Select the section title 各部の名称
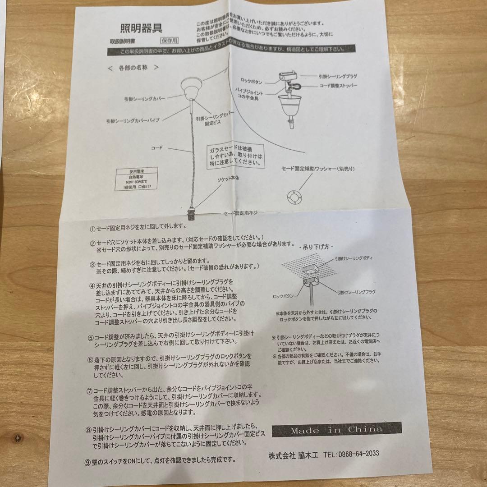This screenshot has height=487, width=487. pyautogui.click(x=133, y=68)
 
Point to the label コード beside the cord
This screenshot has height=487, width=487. pyautogui.click(x=156, y=147)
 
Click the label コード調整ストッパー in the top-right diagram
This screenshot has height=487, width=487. pyautogui.click(x=338, y=85)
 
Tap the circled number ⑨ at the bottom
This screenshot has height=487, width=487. pyautogui.click(x=87, y=460)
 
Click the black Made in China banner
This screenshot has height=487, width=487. pyautogui.click(x=336, y=430)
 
